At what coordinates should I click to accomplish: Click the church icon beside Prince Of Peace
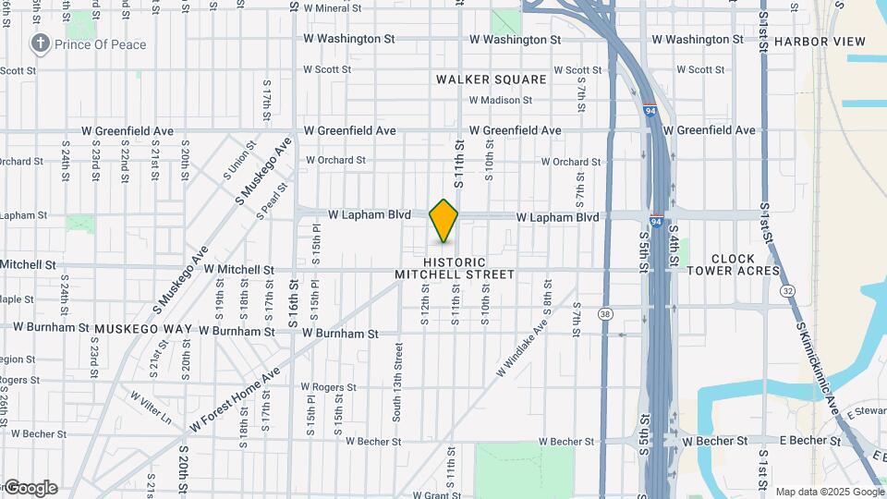coord(40,43)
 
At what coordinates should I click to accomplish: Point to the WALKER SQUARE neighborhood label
coord(492,79)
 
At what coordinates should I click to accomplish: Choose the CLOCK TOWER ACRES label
coord(746,265)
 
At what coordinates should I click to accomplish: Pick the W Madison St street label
coord(500,100)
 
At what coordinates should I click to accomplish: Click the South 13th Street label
coord(399,382)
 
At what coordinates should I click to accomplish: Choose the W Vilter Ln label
coord(150,408)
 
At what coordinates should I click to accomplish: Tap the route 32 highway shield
coord(787,290)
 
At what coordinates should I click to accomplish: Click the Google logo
coord(30,488)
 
